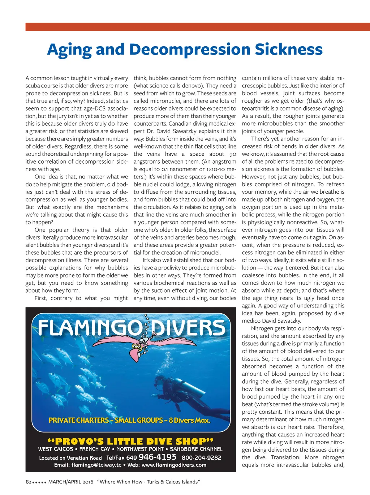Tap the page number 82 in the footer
[29, 482]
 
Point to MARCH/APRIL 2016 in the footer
[71, 482]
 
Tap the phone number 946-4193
[157, 457]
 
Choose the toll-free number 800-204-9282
[201, 457]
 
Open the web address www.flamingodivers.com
[174, 465]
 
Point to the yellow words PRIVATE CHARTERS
[78, 420]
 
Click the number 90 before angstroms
[233, 154]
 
